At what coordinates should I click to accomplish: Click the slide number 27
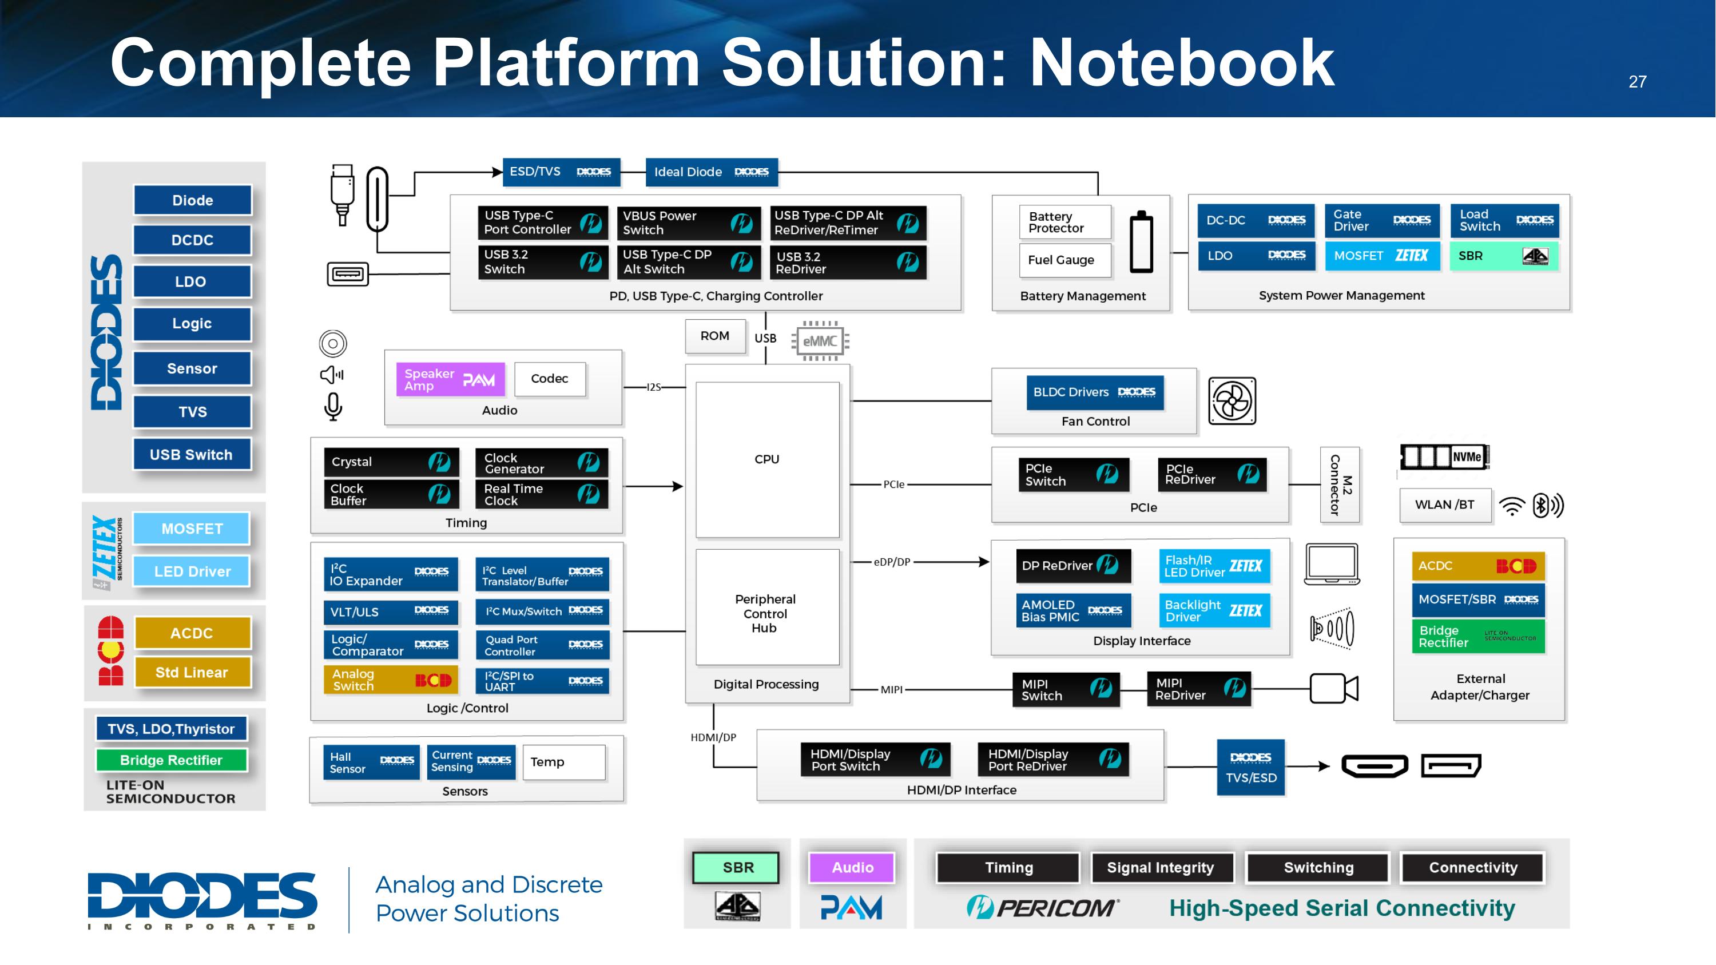tap(1636, 82)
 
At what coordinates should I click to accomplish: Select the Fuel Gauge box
tap(1064, 260)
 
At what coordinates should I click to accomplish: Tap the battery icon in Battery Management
tap(1141, 243)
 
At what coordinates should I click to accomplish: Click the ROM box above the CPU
tap(715, 336)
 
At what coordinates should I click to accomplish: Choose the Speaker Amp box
tap(450, 380)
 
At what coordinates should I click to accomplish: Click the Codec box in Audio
tap(550, 379)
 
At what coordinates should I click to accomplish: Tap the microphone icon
tap(333, 406)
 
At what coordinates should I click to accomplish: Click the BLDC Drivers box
tap(1094, 392)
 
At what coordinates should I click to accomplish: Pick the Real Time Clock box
tap(541, 495)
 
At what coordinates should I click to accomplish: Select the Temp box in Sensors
tap(563, 762)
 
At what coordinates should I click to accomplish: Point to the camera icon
tap(1333, 688)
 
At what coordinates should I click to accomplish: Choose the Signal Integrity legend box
tap(1161, 868)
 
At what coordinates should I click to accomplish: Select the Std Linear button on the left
tap(193, 673)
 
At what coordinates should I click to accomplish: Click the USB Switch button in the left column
tap(192, 455)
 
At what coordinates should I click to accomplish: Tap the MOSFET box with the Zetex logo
tap(1381, 256)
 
